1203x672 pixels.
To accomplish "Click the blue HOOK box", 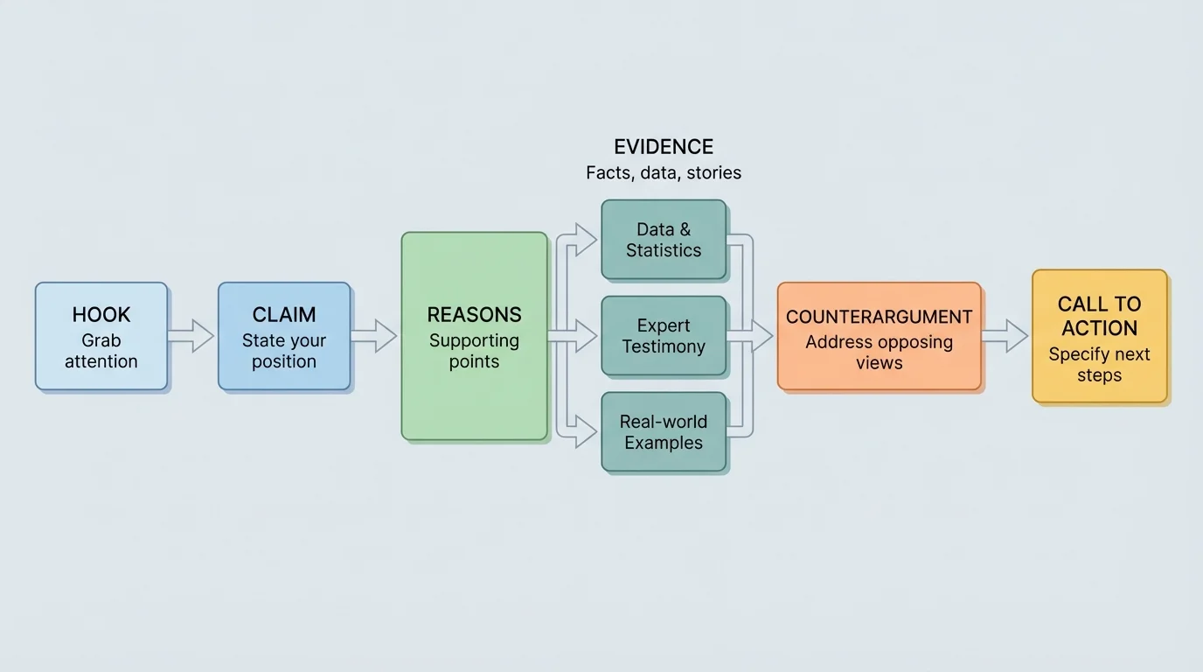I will pyautogui.click(x=101, y=336).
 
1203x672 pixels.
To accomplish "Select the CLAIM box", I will pyautogui.click(x=284, y=336).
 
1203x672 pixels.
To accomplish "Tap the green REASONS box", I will pyautogui.click(x=474, y=336).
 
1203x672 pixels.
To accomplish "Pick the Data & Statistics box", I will pyautogui.click(x=664, y=240).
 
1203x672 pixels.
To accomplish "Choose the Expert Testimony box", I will pyautogui.click(x=664, y=336).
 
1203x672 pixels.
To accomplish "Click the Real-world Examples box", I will pyautogui.click(x=664, y=432).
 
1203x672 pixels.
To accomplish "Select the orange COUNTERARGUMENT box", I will pyautogui.click(x=879, y=336).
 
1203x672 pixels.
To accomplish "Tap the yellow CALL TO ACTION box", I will pyautogui.click(x=1100, y=336).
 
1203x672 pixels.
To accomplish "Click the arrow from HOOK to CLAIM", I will pyautogui.click(x=191, y=336).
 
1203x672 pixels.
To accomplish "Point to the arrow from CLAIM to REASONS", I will pyautogui.click(x=374, y=336).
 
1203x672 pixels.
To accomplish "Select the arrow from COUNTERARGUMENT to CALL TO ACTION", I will pyautogui.click(x=1005, y=336).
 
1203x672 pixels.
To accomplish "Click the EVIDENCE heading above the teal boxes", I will pyautogui.click(x=664, y=146).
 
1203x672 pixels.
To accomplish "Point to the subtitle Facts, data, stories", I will pyautogui.click(x=664, y=172).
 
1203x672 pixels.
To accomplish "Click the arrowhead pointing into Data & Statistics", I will pyautogui.click(x=588, y=238).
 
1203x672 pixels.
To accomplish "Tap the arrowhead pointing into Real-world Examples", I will pyautogui.click(x=588, y=432).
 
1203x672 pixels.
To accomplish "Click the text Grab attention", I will pyautogui.click(x=101, y=351).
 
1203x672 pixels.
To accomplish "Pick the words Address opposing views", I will pyautogui.click(x=879, y=352).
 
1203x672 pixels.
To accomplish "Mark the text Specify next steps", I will pyautogui.click(x=1100, y=365).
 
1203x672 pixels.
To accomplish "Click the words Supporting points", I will pyautogui.click(x=474, y=351).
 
